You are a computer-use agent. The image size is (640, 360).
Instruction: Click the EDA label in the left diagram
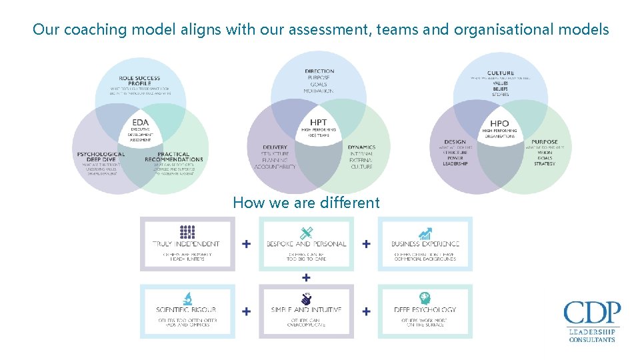[141, 123]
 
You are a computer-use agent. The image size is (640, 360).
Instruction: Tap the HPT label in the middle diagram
[319, 122]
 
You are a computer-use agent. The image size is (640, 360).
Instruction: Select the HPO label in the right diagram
[499, 123]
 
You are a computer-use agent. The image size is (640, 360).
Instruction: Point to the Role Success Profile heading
[139, 81]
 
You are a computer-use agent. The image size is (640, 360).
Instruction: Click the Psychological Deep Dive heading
[101, 157]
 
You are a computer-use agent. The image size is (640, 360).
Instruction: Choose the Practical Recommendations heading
[174, 157]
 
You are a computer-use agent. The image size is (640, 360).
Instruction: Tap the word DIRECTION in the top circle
[319, 71]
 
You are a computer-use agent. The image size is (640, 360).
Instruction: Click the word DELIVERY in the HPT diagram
[275, 147]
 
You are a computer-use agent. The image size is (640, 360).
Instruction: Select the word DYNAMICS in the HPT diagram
[361, 147]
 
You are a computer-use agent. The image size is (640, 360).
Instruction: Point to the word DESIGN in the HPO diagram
[455, 142]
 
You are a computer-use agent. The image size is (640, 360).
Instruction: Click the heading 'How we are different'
[306, 203]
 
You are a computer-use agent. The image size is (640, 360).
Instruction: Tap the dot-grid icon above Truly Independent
[187, 232]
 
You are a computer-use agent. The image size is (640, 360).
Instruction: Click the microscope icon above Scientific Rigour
[187, 298]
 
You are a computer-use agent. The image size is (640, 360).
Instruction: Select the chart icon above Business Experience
[425, 233]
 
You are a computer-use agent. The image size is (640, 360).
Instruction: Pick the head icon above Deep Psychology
[425, 298]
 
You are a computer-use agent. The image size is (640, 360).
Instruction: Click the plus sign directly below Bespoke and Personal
[306, 277]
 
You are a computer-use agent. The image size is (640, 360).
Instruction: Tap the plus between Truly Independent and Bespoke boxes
[247, 244]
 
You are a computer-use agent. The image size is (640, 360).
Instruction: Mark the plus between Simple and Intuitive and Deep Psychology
[366, 311]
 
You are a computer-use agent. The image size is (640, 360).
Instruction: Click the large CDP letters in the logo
[591, 313]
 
